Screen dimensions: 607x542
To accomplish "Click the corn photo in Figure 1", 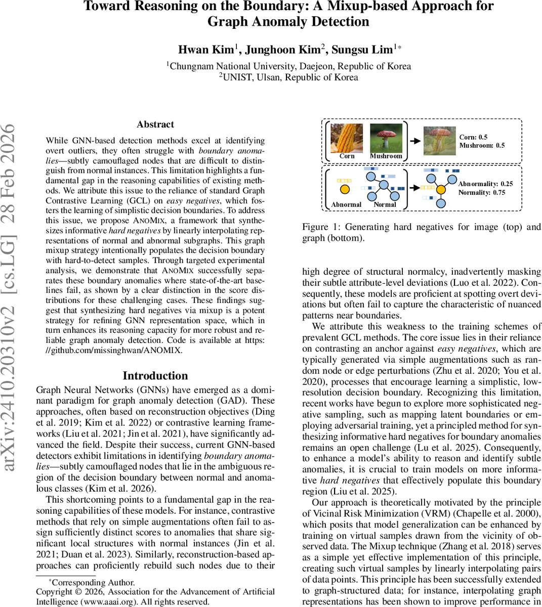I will point(347,138).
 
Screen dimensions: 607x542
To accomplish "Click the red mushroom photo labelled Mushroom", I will point(386,138).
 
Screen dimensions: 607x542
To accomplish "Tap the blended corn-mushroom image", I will point(439,140).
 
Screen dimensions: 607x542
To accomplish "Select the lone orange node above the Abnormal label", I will point(344,190).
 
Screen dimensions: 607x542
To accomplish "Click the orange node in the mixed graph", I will point(441,190).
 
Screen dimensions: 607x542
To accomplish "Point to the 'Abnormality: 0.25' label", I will point(485,184).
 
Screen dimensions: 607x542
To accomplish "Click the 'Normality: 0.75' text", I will point(481,193).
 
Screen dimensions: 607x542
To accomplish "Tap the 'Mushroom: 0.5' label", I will point(482,146).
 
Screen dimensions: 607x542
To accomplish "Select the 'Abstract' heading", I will point(155,124).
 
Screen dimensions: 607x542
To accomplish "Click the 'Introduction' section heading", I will point(155,376).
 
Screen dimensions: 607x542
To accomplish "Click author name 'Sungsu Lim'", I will point(362,50).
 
